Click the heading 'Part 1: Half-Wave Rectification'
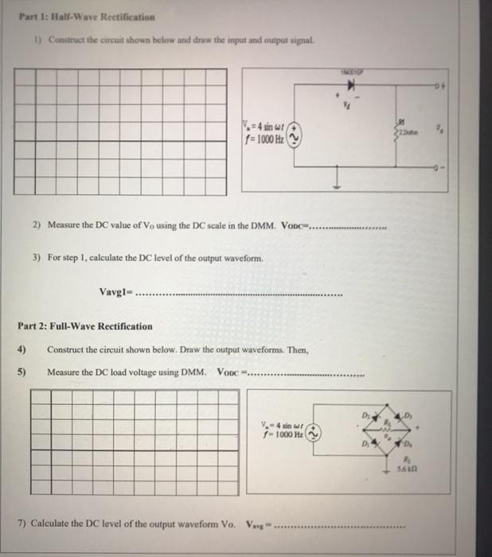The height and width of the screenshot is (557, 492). pyautogui.click(x=83, y=16)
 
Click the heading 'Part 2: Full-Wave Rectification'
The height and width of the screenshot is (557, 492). pyautogui.click(x=84, y=326)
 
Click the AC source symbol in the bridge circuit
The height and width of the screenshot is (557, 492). pyautogui.click(x=316, y=434)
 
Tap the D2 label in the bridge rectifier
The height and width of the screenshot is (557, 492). pyautogui.click(x=368, y=415)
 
